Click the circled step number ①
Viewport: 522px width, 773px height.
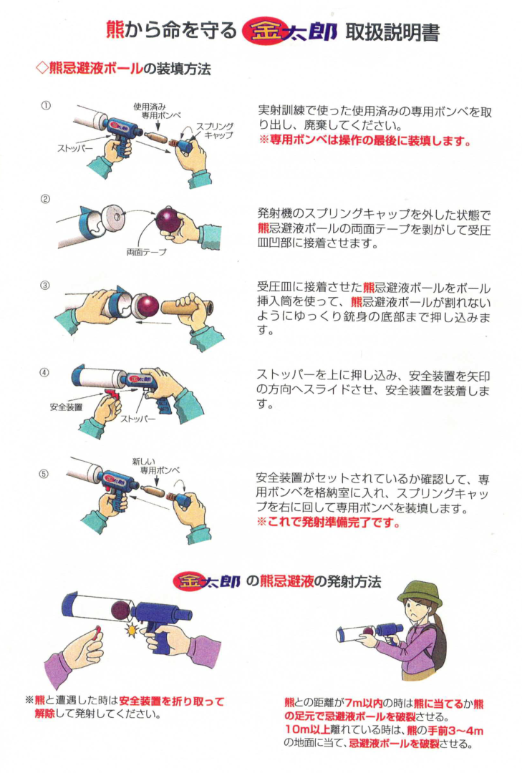point(46,105)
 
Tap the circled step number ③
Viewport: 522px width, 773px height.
point(45,286)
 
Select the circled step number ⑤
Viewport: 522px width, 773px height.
point(44,474)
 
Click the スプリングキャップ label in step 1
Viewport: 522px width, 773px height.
point(215,131)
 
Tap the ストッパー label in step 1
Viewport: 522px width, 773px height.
point(75,148)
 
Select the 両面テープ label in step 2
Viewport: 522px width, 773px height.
point(146,253)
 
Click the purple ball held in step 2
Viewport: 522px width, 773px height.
point(169,220)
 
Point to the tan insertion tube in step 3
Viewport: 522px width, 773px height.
point(189,308)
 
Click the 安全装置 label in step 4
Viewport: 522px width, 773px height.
point(66,407)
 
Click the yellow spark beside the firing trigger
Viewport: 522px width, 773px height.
point(132,630)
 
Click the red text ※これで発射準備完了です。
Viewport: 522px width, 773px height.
point(328,522)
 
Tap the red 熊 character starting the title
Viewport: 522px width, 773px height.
point(115,31)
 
